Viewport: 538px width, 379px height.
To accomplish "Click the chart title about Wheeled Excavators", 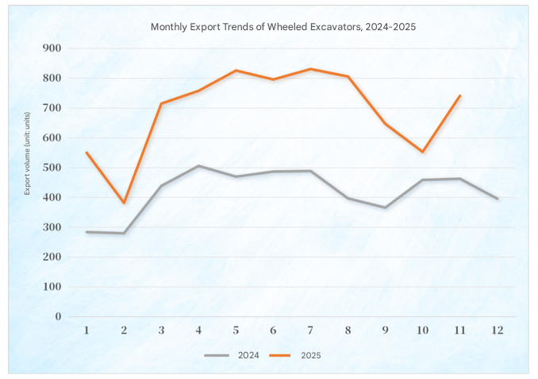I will [x=283, y=26].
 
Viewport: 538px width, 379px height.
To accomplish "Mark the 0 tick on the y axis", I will [x=58, y=316].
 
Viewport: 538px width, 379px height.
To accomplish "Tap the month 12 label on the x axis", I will [x=497, y=330].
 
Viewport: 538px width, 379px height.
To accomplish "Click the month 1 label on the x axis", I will [x=86, y=330].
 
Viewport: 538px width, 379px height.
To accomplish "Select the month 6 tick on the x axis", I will [x=273, y=330].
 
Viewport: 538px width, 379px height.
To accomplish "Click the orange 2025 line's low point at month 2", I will [x=124, y=203].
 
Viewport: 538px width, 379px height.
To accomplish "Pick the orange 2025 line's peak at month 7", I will [x=310, y=69].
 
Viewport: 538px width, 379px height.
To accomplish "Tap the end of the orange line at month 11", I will [x=459, y=96].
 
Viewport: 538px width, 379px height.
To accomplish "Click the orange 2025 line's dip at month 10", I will [x=422, y=152].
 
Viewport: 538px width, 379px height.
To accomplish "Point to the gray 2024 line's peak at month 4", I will [x=198, y=166].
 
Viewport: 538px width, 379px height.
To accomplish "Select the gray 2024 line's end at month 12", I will [x=497, y=199].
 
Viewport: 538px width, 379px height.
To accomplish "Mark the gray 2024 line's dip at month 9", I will [x=385, y=207].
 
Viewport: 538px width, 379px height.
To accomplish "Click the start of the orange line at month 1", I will [x=86, y=153].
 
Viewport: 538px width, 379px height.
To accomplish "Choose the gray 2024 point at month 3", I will [x=161, y=186].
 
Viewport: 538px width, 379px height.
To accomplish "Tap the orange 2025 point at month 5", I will [x=236, y=71].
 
